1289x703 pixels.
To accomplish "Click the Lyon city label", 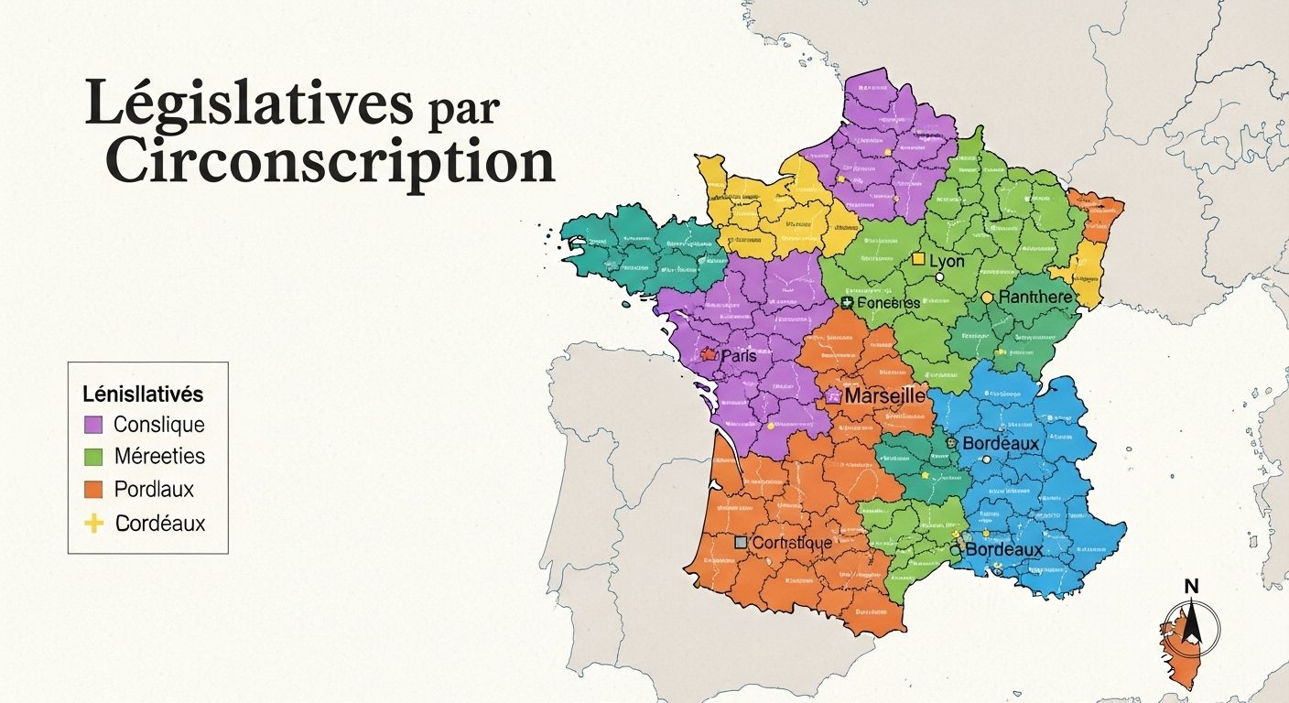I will click(x=947, y=261).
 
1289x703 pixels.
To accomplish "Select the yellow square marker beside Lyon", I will click(x=918, y=260).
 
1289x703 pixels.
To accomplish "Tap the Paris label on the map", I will click(x=739, y=355).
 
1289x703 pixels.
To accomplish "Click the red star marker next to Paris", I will click(x=708, y=353).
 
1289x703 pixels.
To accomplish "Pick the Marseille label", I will click(x=883, y=396).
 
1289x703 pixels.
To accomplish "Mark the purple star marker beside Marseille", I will click(x=833, y=396).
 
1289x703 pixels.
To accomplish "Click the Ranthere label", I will click(x=1034, y=297).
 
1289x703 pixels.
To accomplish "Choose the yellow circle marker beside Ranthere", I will click(x=987, y=297).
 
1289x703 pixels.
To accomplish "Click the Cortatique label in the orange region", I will click(x=791, y=543).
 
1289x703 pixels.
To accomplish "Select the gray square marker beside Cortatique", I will click(x=741, y=543).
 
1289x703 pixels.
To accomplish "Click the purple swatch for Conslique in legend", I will click(x=92, y=425).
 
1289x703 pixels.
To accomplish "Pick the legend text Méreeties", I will click(x=159, y=456).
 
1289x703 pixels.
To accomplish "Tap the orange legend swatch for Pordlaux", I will click(x=92, y=490).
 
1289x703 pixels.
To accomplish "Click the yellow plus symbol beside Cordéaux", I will click(x=92, y=524).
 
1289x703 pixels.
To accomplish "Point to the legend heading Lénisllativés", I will click(x=143, y=395).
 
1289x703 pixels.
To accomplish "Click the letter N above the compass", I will click(x=1191, y=587).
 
